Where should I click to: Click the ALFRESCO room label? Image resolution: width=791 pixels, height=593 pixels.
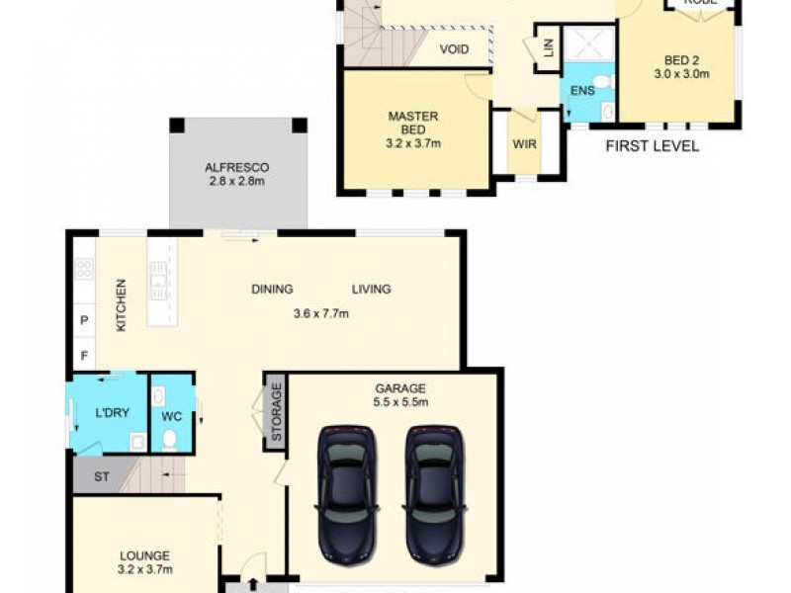click(x=237, y=167)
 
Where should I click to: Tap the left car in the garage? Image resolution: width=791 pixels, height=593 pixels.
click(x=347, y=490)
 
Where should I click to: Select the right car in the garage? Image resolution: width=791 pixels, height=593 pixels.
click(x=435, y=490)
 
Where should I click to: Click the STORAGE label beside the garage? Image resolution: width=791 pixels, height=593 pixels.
click(x=277, y=410)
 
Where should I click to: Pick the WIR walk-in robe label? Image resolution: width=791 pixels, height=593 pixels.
click(x=524, y=143)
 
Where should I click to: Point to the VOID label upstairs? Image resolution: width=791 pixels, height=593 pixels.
click(x=454, y=48)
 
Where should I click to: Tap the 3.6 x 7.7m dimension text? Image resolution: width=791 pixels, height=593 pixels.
click(x=321, y=314)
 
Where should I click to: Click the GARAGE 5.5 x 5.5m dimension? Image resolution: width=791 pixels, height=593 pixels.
click(x=400, y=402)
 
